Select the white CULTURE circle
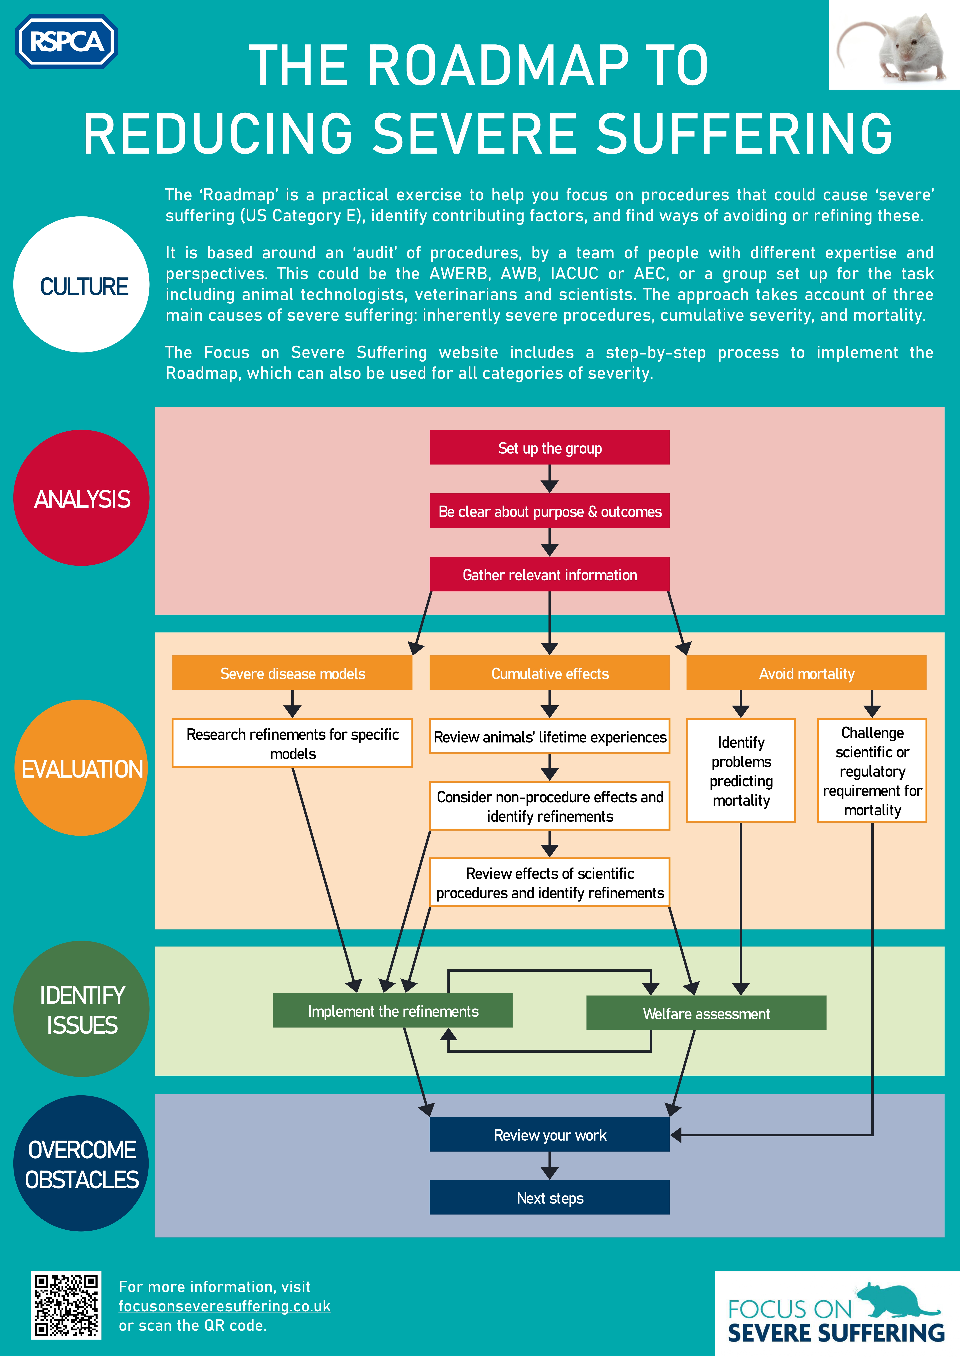coord(82,285)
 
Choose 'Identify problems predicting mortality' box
coord(741,770)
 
